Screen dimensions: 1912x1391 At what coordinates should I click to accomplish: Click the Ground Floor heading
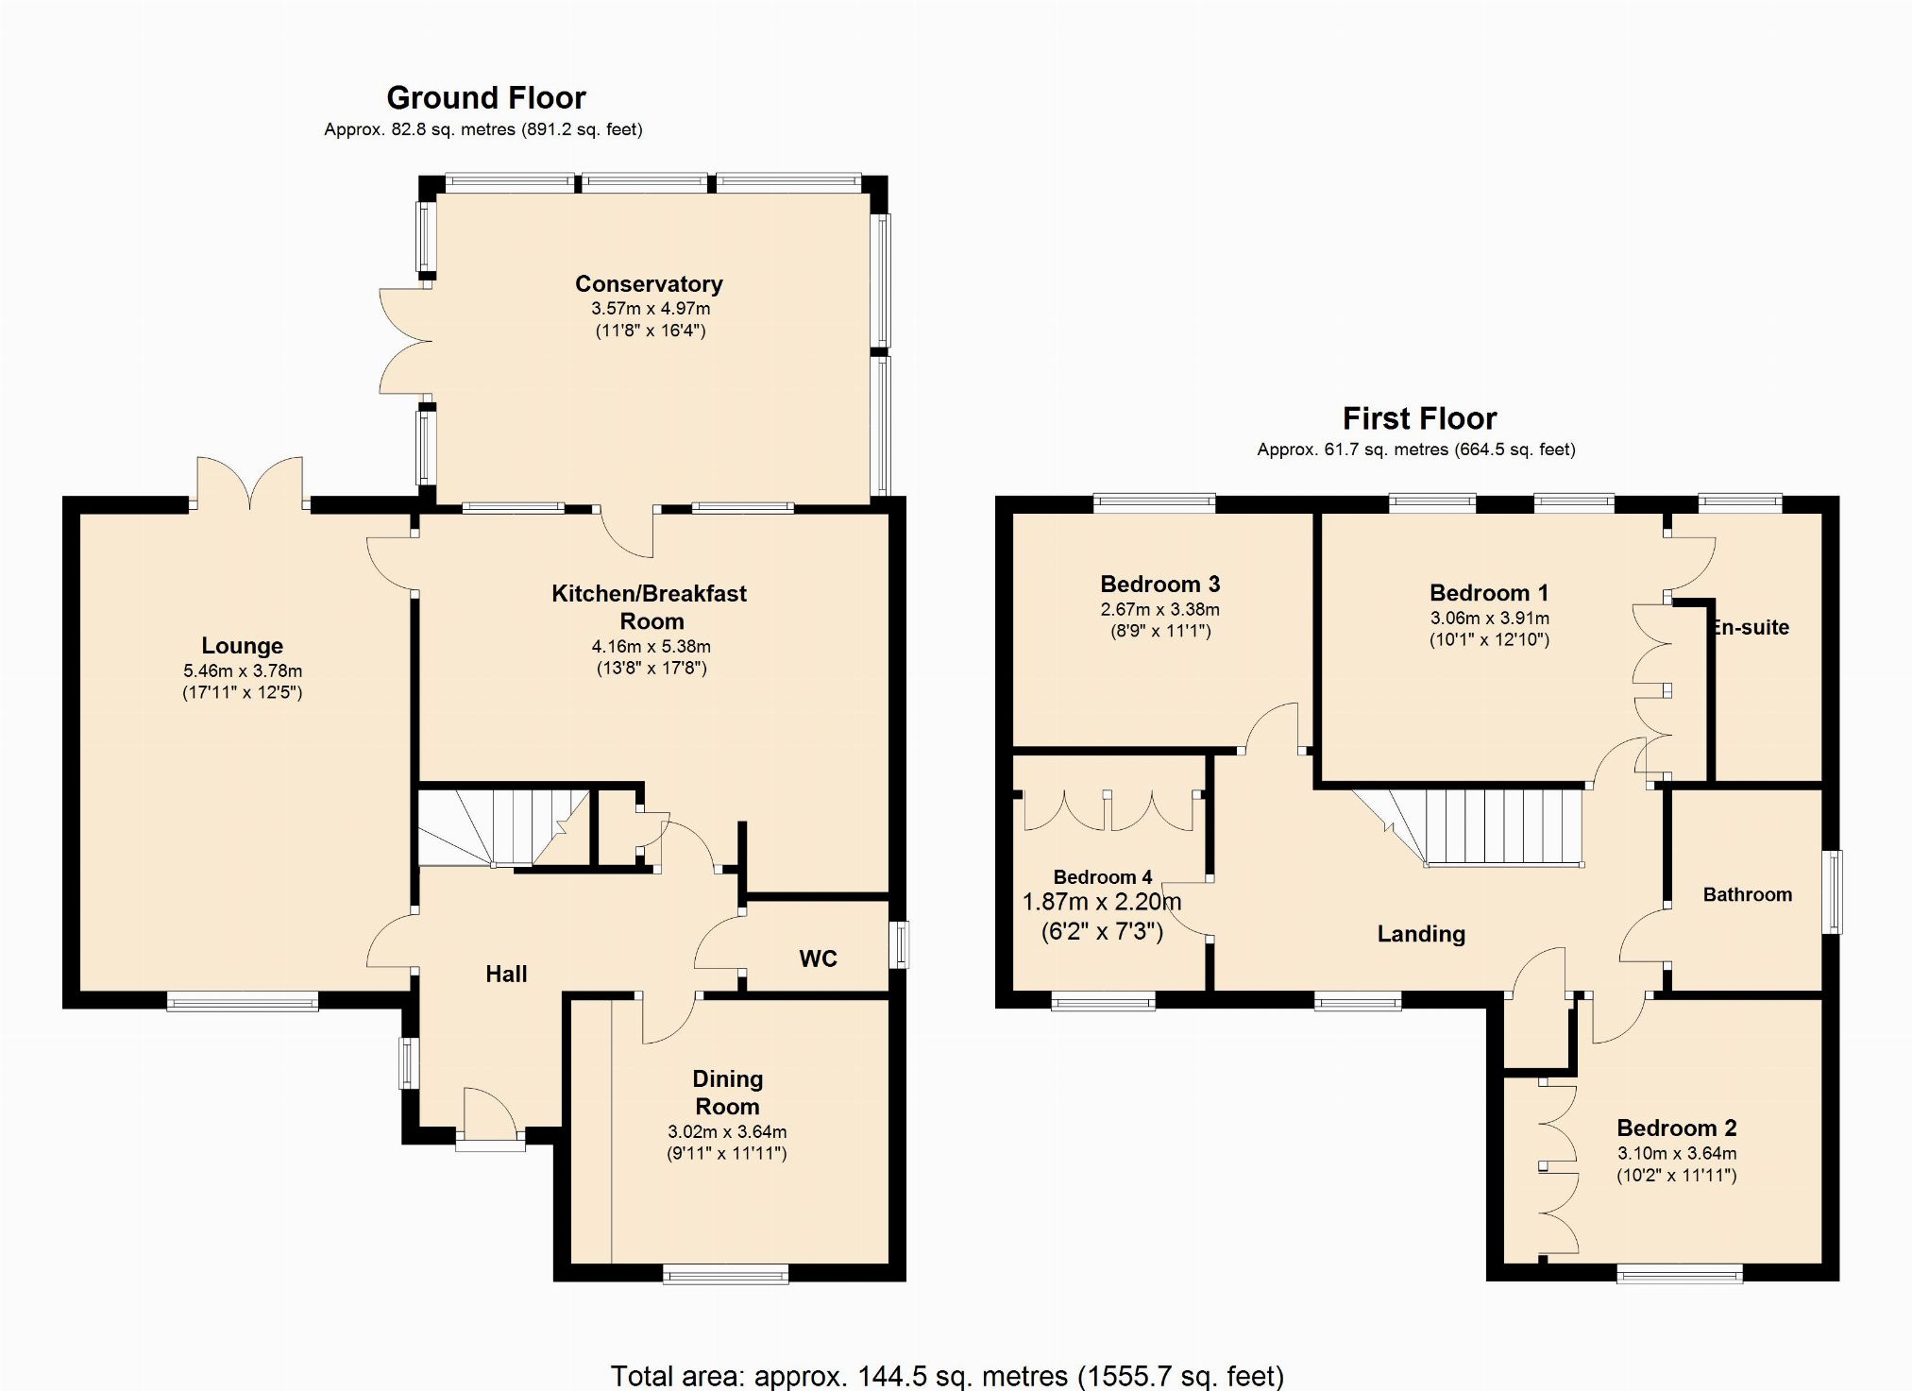486,97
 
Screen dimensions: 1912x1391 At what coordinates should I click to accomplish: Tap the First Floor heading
1419,418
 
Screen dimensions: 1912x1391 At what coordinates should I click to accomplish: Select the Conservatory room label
649,283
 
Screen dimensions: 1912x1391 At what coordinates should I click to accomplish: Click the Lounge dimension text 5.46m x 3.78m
243,671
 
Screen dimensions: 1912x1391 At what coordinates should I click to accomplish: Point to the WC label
818,958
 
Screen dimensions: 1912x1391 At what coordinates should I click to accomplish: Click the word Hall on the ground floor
506,974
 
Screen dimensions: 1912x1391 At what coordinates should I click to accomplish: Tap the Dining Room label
727,1093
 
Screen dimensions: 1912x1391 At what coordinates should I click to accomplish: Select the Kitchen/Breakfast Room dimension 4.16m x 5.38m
651,647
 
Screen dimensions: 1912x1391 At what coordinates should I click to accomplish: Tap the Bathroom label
1747,894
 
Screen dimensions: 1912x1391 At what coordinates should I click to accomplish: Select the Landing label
1421,934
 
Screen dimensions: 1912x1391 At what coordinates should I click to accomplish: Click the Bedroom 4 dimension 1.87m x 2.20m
1102,902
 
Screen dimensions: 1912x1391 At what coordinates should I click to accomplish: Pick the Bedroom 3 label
1160,584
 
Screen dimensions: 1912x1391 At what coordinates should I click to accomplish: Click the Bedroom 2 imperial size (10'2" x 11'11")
1676,1176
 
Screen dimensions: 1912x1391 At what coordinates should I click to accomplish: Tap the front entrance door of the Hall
490,1119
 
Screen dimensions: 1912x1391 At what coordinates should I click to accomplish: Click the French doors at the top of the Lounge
250,483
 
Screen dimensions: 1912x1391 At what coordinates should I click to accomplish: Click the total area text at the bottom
947,1376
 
